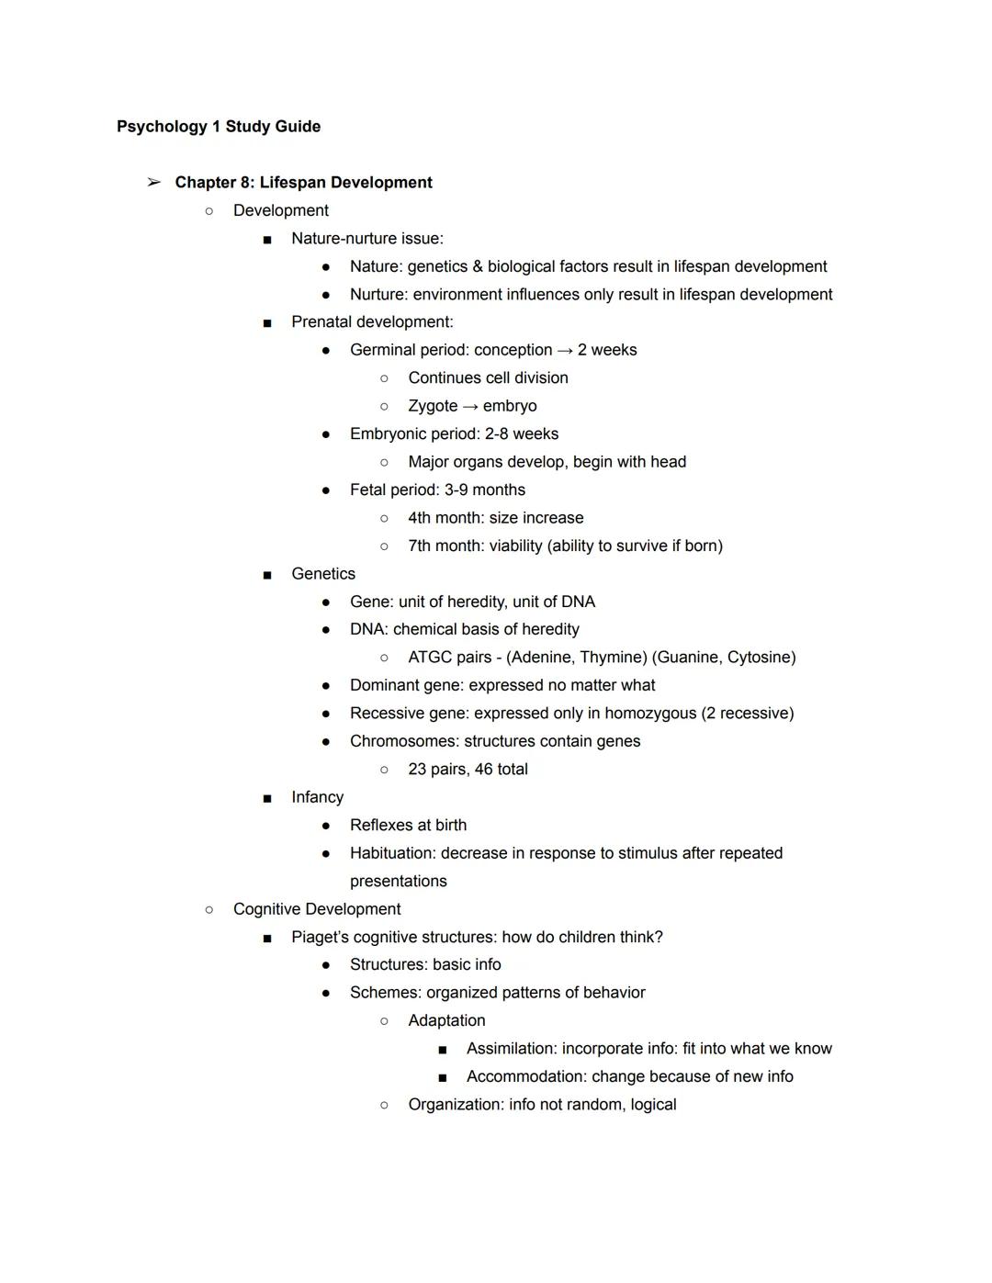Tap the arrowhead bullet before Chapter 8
(153, 183)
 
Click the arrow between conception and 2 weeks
(565, 350)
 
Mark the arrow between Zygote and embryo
(470, 406)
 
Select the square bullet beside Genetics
(267, 575)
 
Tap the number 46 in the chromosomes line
(484, 770)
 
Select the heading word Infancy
(317, 797)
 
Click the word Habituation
(391, 853)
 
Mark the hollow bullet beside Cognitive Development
(209, 909)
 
